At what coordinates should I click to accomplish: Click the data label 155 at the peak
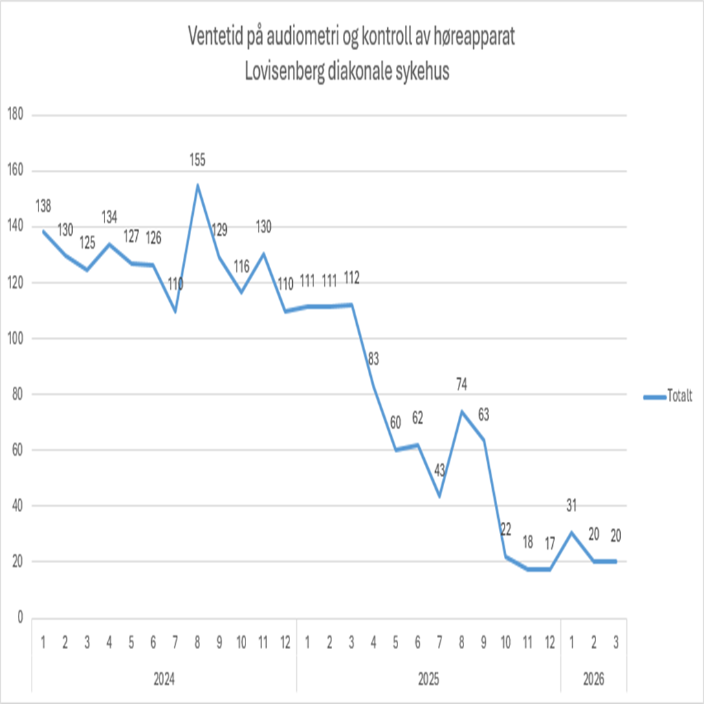tap(197, 160)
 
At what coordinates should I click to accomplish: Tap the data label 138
tap(43, 206)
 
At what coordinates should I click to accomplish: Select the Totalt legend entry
tap(679, 396)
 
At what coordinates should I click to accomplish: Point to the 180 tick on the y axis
tap(14, 115)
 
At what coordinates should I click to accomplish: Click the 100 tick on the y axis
tap(14, 338)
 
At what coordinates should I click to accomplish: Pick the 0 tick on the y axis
tap(19, 617)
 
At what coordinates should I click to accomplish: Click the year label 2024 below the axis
tap(164, 679)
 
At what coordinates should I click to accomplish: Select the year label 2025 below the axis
tap(428, 679)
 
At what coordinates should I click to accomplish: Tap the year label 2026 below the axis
tap(593, 679)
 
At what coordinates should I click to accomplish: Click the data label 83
tap(373, 358)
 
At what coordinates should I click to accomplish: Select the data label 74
tap(461, 384)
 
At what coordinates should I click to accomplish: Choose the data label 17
tap(549, 543)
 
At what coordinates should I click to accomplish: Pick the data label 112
tap(351, 278)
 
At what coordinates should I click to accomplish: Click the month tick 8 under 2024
tap(197, 643)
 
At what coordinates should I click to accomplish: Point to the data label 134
tap(109, 217)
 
